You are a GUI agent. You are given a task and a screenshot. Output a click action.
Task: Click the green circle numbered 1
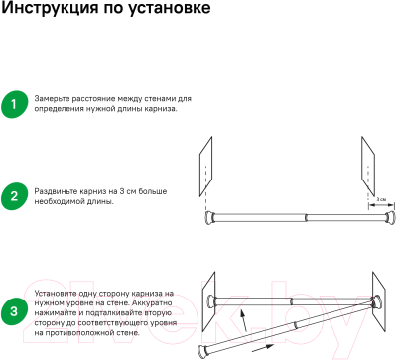(x=14, y=104)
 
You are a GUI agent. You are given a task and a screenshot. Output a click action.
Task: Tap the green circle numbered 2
(x=14, y=194)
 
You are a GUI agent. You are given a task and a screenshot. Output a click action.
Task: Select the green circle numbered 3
(x=14, y=313)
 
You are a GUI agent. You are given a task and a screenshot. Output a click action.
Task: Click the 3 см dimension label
(x=382, y=199)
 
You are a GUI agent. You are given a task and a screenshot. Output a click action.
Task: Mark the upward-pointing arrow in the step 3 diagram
(x=241, y=321)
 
